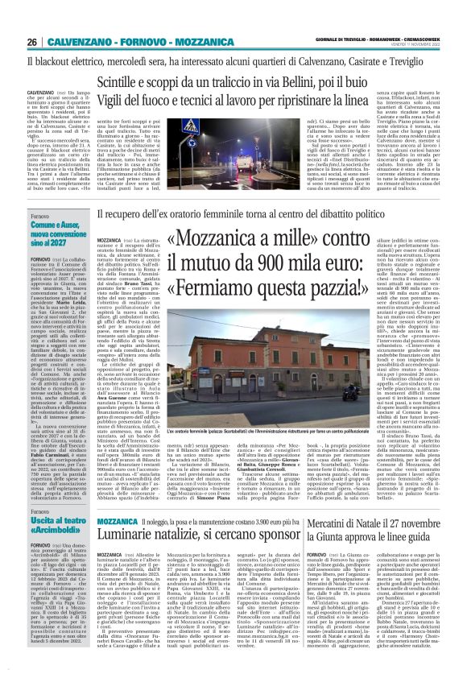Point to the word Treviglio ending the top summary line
(x=420, y=60)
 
